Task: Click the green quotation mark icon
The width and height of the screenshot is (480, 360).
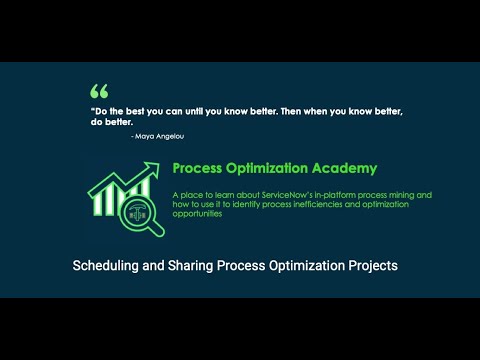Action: click(x=98, y=90)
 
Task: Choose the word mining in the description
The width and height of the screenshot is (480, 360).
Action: click(x=417, y=194)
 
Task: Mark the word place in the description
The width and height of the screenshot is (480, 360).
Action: click(x=191, y=194)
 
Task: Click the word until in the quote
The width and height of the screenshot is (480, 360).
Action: click(x=195, y=112)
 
